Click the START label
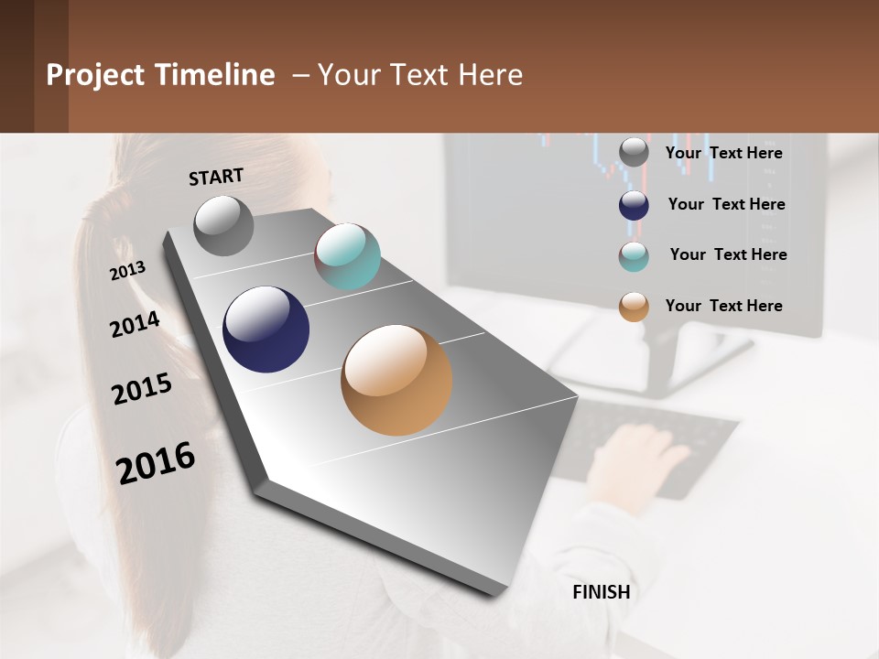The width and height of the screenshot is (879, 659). [x=216, y=177]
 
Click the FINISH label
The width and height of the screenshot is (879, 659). [x=602, y=592]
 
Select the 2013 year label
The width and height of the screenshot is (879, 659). [x=128, y=271]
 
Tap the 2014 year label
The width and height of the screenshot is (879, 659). [x=135, y=324]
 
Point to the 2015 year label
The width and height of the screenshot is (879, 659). [x=142, y=389]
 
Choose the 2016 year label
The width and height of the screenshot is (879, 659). [x=156, y=461]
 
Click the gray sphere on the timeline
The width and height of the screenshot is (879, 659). [x=223, y=226]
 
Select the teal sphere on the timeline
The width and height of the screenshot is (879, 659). [x=347, y=256]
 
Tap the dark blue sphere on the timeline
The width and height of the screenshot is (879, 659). [x=266, y=329]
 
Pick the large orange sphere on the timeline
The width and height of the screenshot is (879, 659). [x=396, y=380]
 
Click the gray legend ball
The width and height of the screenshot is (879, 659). [x=634, y=153]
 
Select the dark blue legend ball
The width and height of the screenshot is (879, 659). [x=634, y=205]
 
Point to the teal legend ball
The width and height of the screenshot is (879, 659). [x=634, y=256]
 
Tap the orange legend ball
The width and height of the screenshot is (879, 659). [x=634, y=307]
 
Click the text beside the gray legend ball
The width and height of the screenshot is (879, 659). [x=723, y=153]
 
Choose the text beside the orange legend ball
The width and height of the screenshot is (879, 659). [x=723, y=306]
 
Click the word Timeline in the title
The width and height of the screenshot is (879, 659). [x=215, y=75]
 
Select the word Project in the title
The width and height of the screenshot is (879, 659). [x=95, y=75]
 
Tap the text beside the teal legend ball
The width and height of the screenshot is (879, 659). [x=728, y=254]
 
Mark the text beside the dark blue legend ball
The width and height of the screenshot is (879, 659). [x=726, y=204]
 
